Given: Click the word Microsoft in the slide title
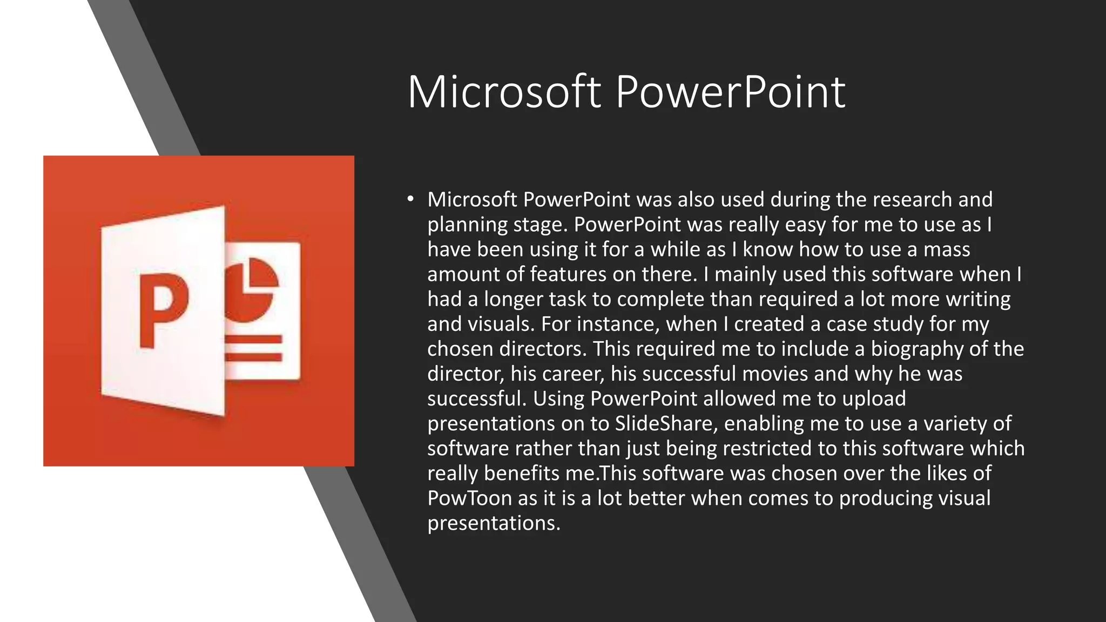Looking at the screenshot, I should click(503, 92).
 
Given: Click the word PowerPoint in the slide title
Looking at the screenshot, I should click(730, 92).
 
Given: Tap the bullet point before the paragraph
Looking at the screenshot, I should click(410, 200).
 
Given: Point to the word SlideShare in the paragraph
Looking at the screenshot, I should click(666, 423).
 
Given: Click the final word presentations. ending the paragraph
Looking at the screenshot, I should click(494, 523).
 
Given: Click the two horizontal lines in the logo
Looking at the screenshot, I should click(253, 348).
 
